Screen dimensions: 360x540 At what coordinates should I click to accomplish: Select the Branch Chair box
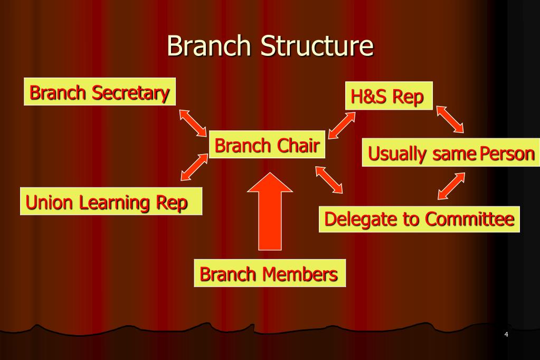coord(267,145)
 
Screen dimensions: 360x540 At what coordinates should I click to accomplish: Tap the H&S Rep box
coord(389,96)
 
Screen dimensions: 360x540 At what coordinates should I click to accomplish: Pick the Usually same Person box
coord(451,153)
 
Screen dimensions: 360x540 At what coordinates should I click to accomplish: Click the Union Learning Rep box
coord(111,202)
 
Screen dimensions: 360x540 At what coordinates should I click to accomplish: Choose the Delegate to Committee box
coord(419,219)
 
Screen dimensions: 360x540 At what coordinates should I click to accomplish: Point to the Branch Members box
coord(269,273)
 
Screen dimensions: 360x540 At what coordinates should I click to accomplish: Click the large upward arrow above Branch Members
coord(270,211)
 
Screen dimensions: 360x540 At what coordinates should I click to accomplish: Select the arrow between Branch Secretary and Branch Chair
coord(193,122)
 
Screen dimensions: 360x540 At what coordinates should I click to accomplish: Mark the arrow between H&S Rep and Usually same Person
coord(450,119)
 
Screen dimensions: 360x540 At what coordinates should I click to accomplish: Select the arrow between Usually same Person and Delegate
coord(451,186)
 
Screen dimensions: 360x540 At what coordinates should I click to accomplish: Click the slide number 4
coord(506,335)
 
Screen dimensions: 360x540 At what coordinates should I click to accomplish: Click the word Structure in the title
coord(316,46)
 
